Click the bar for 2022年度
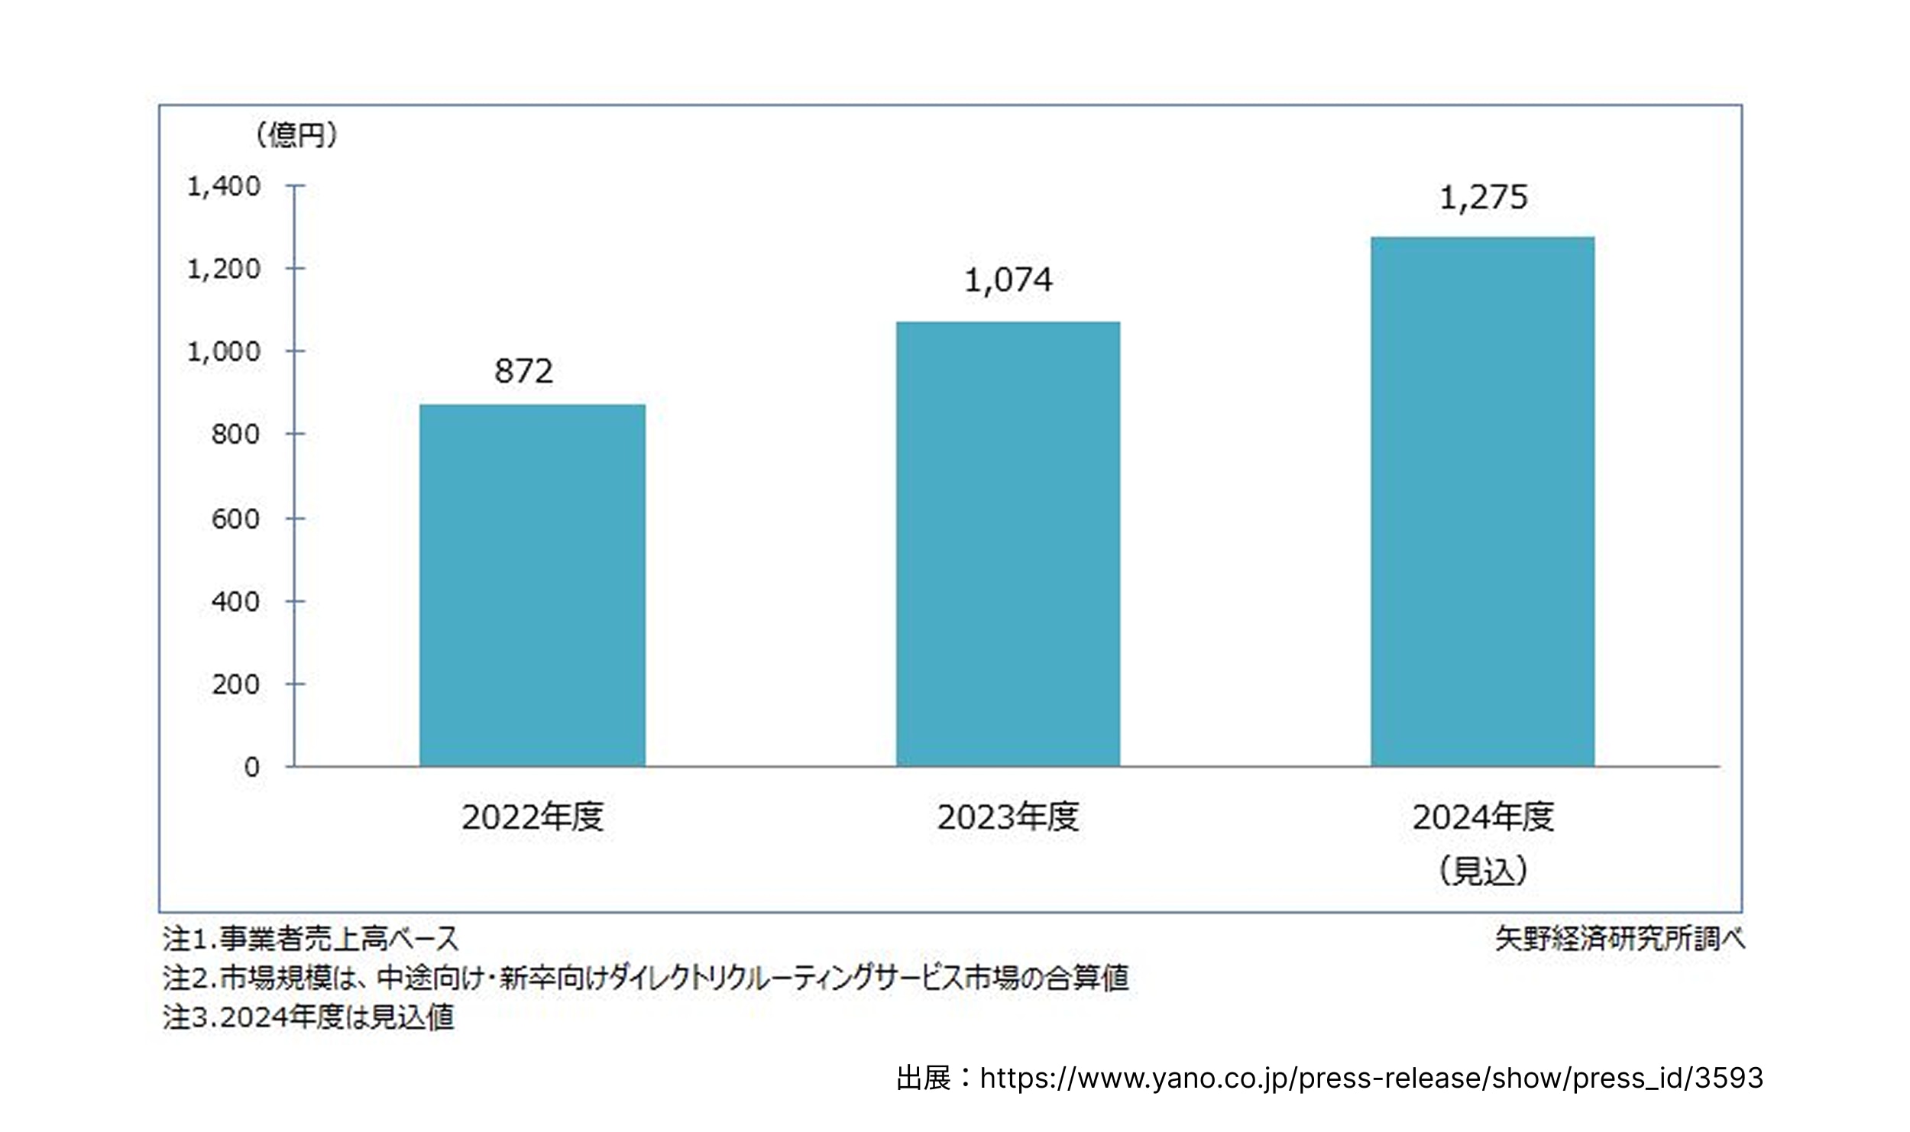(x=533, y=584)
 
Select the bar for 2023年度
(x=1008, y=543)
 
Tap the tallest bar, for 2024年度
(x=1482, y=501)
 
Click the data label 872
(x=523, y=371)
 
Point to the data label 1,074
(x=1008, y=280)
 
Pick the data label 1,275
(x=1483, y=198)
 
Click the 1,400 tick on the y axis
(x=224, y=186)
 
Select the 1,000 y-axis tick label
(x=224, y=352)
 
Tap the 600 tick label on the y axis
(x=235, y=519)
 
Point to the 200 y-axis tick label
(x=235, y=684)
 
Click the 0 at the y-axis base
(x=251, y=767)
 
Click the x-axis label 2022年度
(x=533, y=817)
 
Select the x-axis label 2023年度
(x=1008, y=817)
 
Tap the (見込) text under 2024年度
(x=1483, y=870)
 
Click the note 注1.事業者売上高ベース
(x=310, y=939)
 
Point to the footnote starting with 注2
(x=646, y=978)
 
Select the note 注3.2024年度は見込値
(x=309, y=1017)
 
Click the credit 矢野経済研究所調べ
(x=1620, y=939)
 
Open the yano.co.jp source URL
(x=1371, y=1078)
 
